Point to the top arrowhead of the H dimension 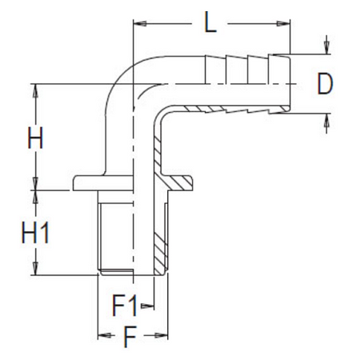tap(35, 87)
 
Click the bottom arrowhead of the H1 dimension tap(35, 270)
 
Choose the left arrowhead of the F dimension tap(101, 336)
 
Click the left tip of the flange tap(74, 183)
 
